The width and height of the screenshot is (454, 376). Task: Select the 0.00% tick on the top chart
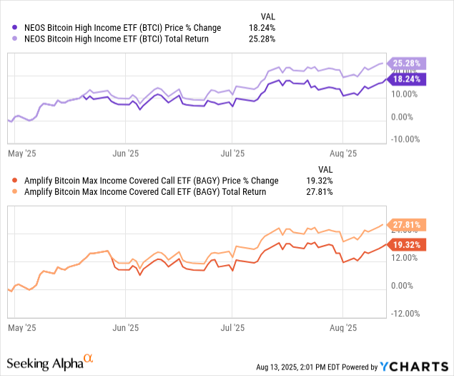point(404,117)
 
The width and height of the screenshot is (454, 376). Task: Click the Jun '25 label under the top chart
point(126,153)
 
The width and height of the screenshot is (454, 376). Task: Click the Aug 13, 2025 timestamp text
point(300,367)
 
